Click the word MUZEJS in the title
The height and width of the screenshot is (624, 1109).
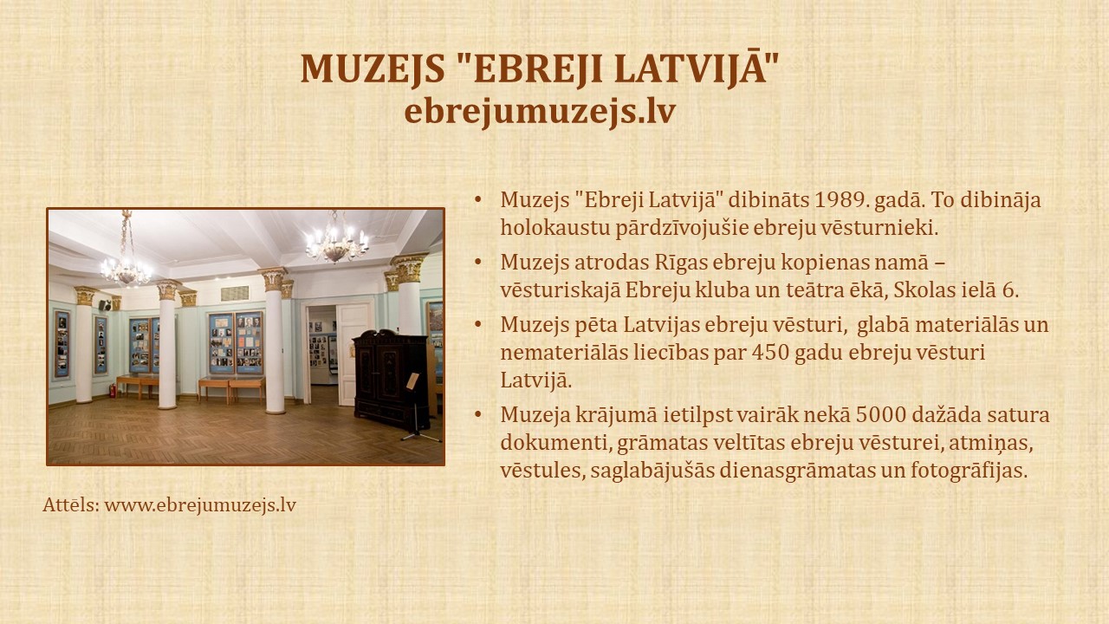click(x=373, y=69)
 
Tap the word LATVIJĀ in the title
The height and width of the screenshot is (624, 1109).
click(x=691, y=68)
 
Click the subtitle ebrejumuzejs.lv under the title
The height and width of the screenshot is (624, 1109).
click(x=540, y=112)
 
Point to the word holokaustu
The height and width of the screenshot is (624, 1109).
click(x=555, y=228)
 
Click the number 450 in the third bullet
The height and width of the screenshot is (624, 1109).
click(x=772, y=353)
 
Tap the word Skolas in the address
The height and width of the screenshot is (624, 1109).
click(x=918, y=290)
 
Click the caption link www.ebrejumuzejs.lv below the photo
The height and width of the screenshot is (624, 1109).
click(x=200, y=505)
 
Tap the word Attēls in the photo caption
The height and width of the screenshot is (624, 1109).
click(x=71, y=505)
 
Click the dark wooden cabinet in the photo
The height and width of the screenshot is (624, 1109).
click(x=390, y=379)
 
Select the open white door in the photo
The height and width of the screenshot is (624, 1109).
click(x=353, y=354)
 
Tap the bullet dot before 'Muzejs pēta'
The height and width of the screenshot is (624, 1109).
click(x=477, y=324)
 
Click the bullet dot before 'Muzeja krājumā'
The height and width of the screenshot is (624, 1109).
click(x=477, y=414)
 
